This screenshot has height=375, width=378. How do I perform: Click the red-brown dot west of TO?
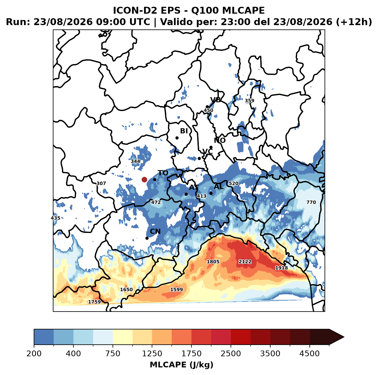(x=144, y=179)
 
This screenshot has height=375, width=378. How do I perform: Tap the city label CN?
(x=155, y=231)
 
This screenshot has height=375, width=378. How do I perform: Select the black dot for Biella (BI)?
(x=177, y=138)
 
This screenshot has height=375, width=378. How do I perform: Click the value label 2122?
(x=245, y=262)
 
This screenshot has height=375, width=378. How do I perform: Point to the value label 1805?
(x=213, y=262)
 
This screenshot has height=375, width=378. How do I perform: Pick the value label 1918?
(x=281, y=268)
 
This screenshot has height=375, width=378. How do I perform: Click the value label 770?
(x=311, y=202)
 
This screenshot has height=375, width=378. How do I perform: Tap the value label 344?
(x=135, y=161)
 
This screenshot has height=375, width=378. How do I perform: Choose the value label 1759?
(x=94, y=302)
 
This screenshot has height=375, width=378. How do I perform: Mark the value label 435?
(x=55, y=218)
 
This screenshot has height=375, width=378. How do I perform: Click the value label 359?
(x=249, y=101)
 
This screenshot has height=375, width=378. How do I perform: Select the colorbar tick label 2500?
(x=231, y=353)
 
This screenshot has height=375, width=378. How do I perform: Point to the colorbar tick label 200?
(x=34, y=353)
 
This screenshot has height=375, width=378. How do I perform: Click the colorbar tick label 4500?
(x=309, y=353)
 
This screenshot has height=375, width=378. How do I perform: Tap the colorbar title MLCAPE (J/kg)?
(x=181, y=365)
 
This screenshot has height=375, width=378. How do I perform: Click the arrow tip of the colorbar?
(x=344, y=337)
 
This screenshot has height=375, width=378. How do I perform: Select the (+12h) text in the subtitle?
(x=354, y=22)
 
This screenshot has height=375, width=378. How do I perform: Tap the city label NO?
(x=219, y=140)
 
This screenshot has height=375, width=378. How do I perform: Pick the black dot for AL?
(x=211, y=193)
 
